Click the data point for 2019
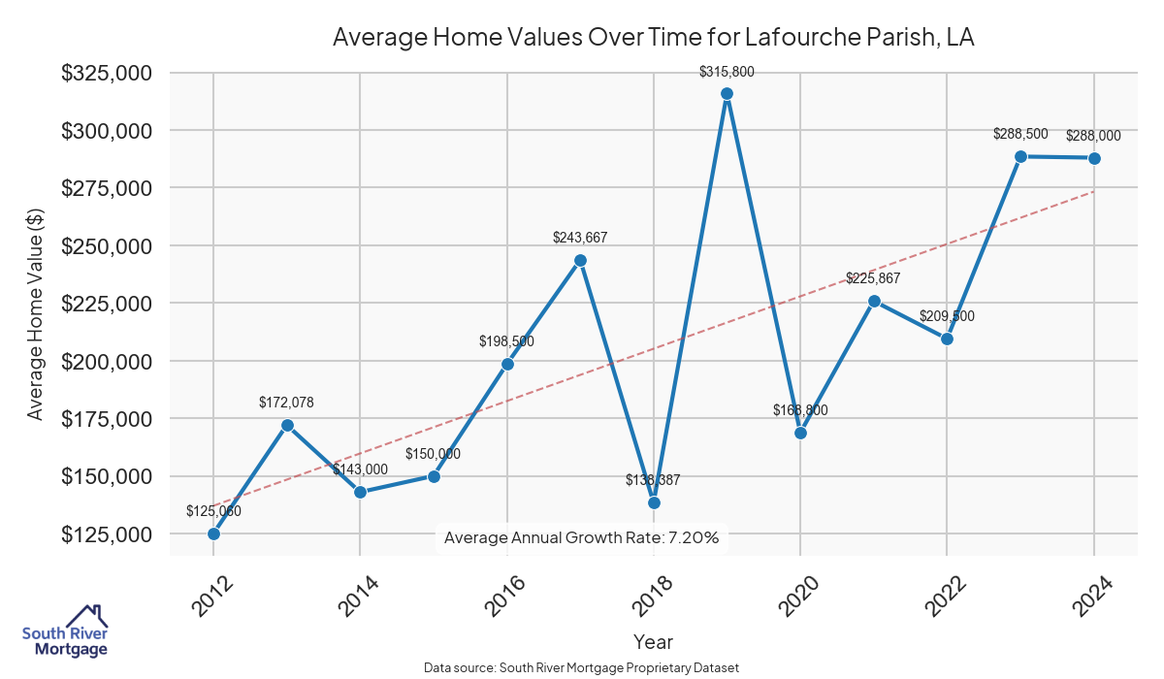click(727, 93)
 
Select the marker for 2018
click(654, 502)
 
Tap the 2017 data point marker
click(580, 260)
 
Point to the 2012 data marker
click(213, 533)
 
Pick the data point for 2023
click(1020, 156)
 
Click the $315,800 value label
click(727, 72)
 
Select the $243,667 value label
click(580, 238)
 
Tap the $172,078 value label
click(286, 402)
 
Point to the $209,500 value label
click(947, 316)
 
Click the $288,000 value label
click(1093, 137)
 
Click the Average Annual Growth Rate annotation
click(581, 537)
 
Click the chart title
click(653, 38)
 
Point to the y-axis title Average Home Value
click(35, 313)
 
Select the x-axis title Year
click(653, 641)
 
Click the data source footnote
click(581, 668)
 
